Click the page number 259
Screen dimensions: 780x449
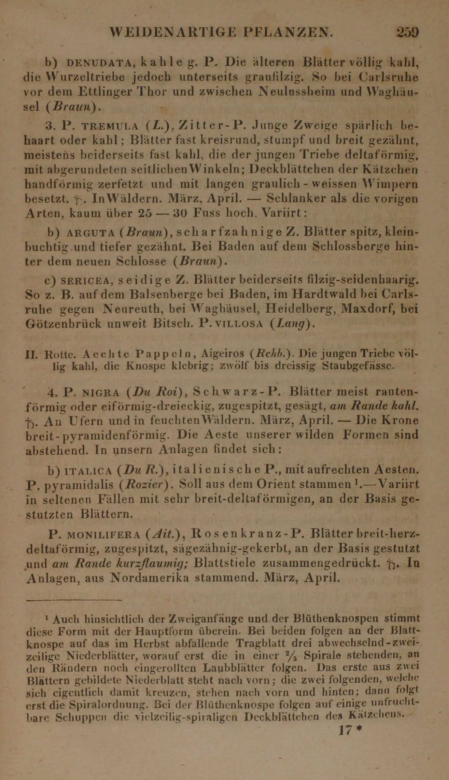click(407, 33)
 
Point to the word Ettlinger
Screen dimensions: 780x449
click(105, 92)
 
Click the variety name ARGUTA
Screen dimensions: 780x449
click(91, 233)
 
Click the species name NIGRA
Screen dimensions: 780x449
click(101, 393)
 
